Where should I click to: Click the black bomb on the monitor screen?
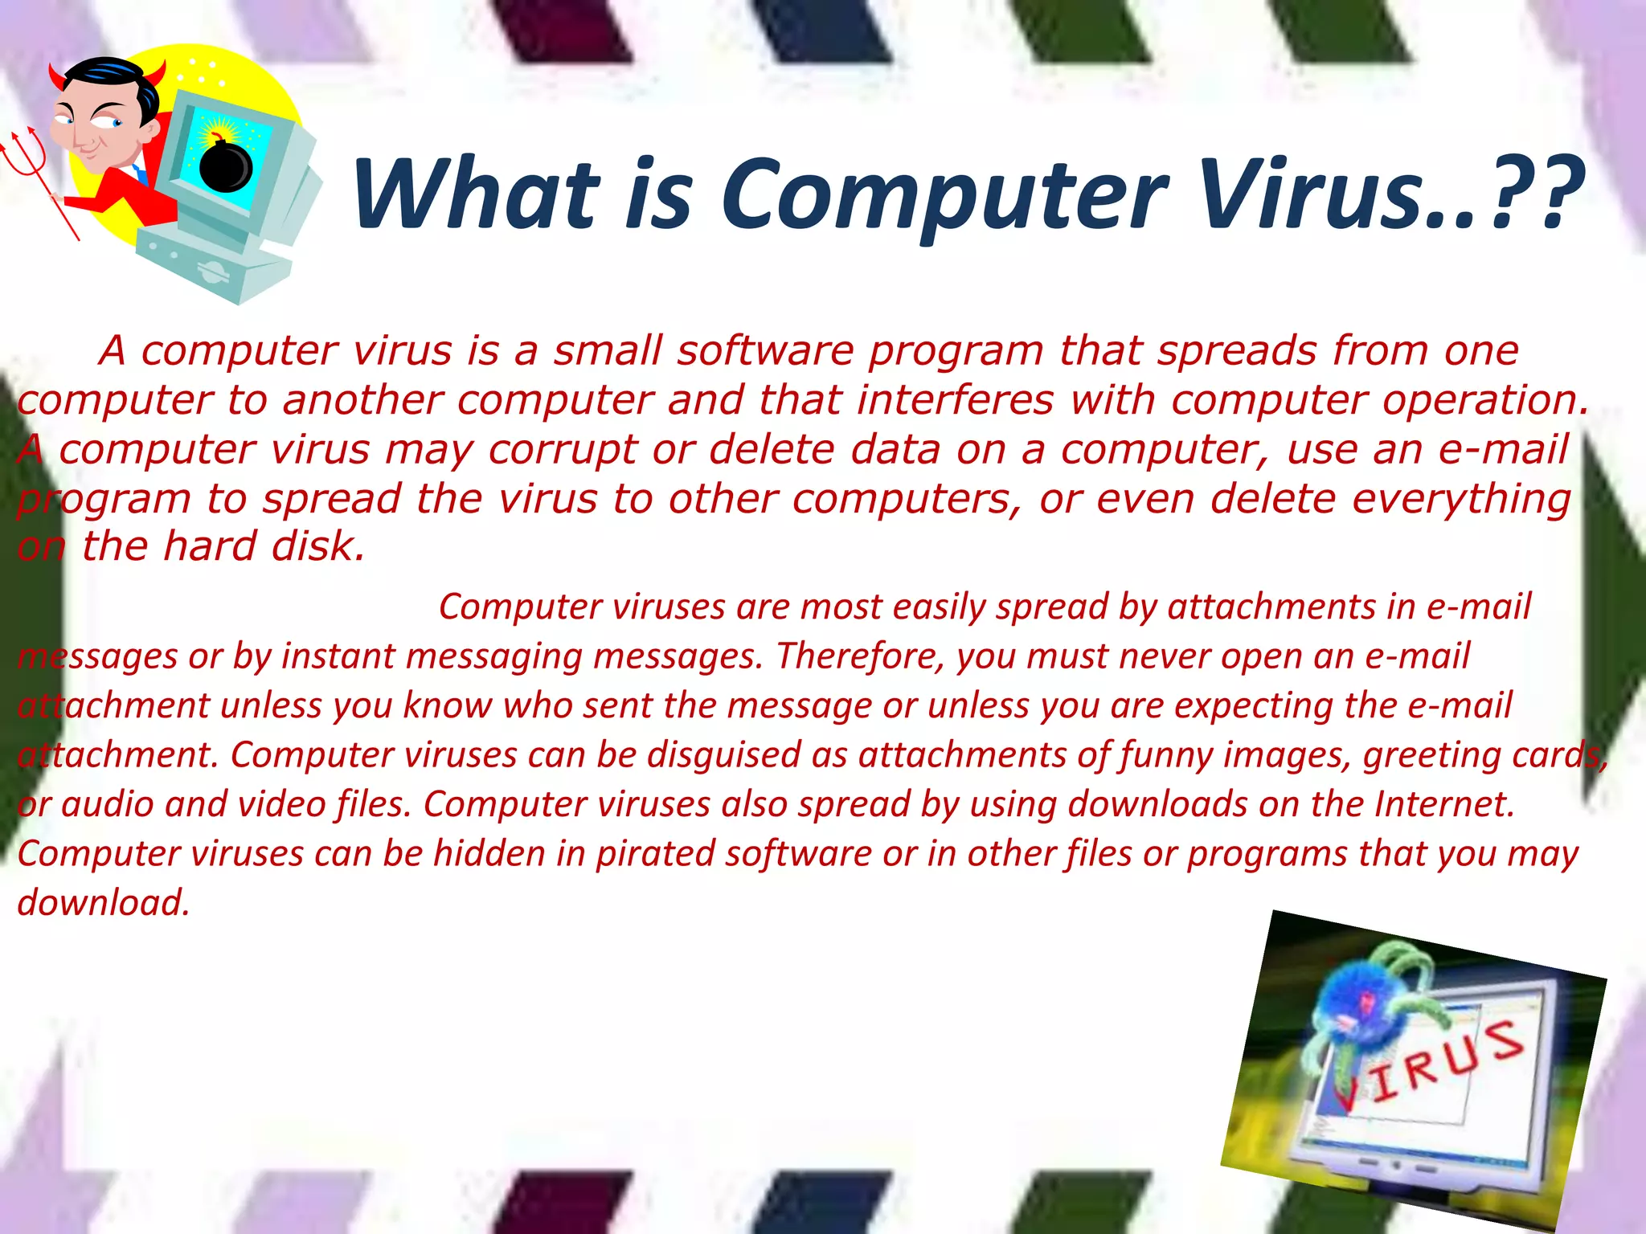click(226, 165)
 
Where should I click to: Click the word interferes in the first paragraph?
click(955, 400)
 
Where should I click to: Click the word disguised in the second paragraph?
click(724, 755)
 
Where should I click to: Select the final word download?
click(103, 903)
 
